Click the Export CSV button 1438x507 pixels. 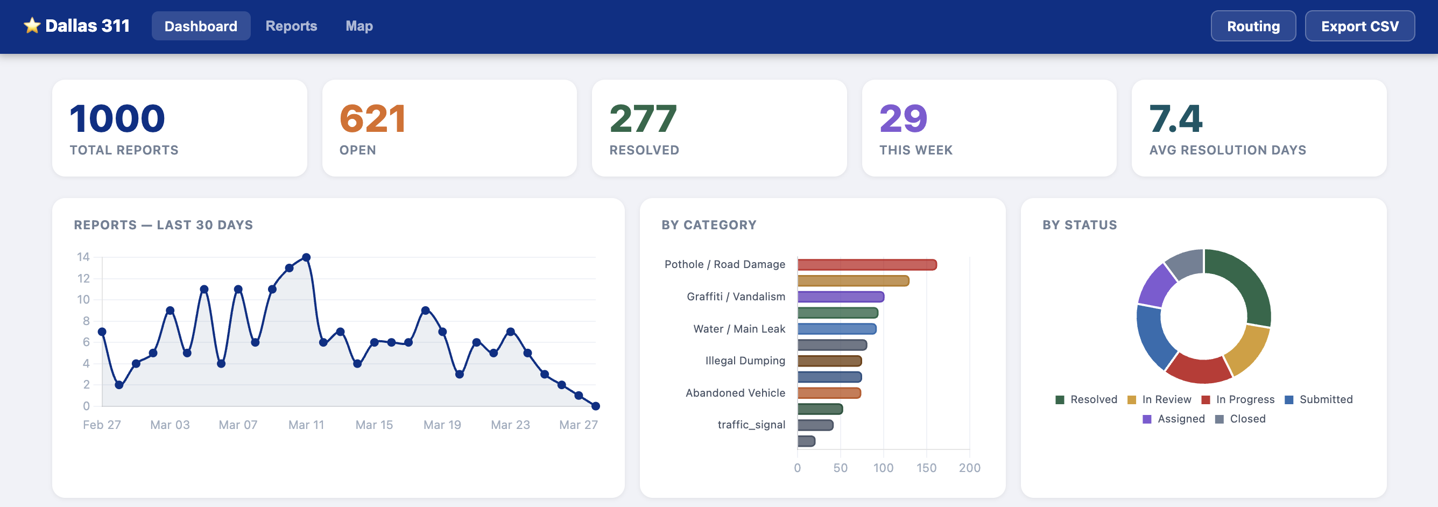tap(1359, 26)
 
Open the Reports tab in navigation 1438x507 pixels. tap(291, 26)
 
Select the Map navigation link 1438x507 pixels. tap(359, 26)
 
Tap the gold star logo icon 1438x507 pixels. tap(32, 26)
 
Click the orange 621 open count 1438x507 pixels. tap(372, 119)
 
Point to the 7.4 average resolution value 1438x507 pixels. tap(1175, 119)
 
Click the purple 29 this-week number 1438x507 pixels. tap(903, 119)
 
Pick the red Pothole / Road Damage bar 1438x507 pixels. tap(866, 265)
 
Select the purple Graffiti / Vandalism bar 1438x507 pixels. tap(840, 297)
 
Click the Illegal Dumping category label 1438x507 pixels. tap(745, 361)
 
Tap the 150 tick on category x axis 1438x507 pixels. tap(926, 468)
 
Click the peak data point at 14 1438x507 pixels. tap(306, 257)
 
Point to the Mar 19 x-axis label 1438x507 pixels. tap(442, 425)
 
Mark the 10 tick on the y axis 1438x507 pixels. tap(83, 300)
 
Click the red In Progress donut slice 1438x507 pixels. tap(1199, 370)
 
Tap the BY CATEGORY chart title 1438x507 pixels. tap(708, 225)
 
